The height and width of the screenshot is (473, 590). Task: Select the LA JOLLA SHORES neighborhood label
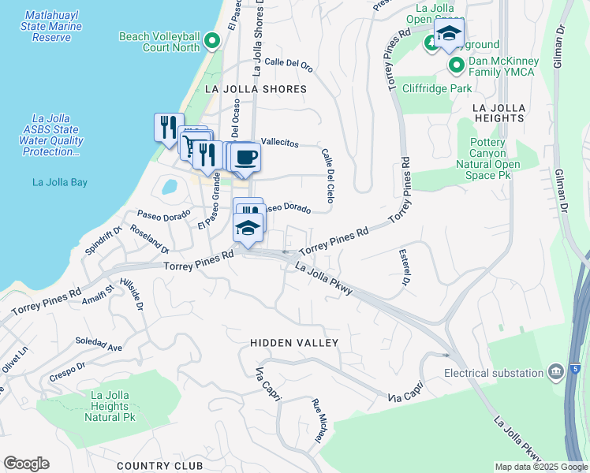(256, 89)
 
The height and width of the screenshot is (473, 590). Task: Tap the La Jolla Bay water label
(59, 182)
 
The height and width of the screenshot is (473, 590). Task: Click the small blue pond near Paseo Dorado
(169, 187)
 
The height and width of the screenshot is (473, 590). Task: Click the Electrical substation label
(494, 372)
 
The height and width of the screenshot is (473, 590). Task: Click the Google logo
(26, 464)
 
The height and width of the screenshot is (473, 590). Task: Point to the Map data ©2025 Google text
(540, 467)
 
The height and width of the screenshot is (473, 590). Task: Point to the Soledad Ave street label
(99, 346)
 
